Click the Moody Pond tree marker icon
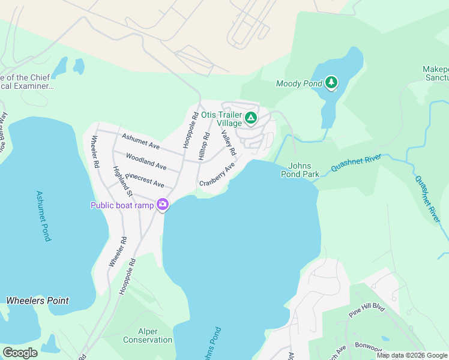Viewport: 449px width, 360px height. [331, 83]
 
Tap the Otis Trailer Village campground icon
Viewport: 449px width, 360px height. [251, 119]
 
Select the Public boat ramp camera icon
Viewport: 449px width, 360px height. [162, 205]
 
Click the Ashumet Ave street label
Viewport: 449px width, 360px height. [141, 141]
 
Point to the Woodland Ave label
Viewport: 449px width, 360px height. [146, 161]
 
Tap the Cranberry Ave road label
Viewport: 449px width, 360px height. [217, 174]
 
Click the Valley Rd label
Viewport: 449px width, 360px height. [229, 144]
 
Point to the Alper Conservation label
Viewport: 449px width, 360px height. [148, 335]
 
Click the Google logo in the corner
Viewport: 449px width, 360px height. [20, 353]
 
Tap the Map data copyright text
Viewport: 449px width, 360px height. [412, 355]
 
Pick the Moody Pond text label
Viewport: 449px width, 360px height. [299, 83]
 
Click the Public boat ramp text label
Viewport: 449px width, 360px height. [122, 205]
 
